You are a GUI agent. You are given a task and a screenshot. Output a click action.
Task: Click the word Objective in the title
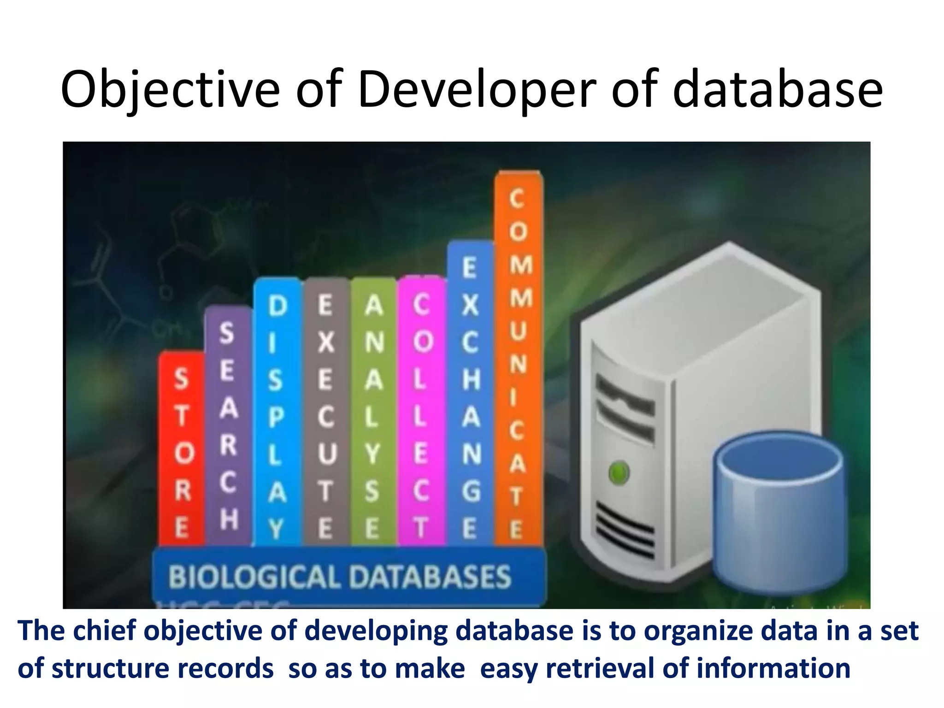tap(170, 90)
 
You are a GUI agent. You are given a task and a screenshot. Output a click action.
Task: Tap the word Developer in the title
tap(477, 90)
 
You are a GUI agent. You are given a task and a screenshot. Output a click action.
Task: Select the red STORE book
tap(182, 449)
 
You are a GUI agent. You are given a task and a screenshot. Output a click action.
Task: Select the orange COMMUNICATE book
tap(518, 360)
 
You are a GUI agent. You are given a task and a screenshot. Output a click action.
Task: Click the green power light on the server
tap(619, 472)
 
